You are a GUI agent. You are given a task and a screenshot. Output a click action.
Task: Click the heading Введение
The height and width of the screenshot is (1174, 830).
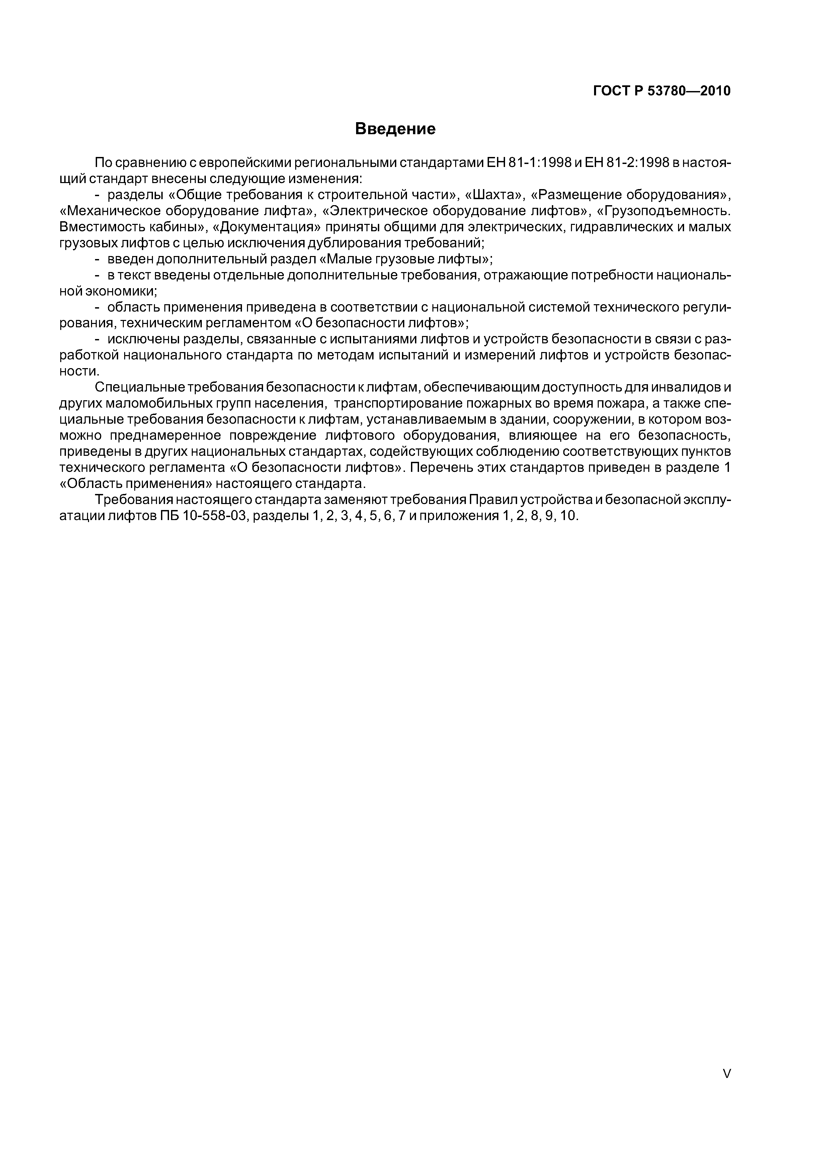click(x=395, y=129)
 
